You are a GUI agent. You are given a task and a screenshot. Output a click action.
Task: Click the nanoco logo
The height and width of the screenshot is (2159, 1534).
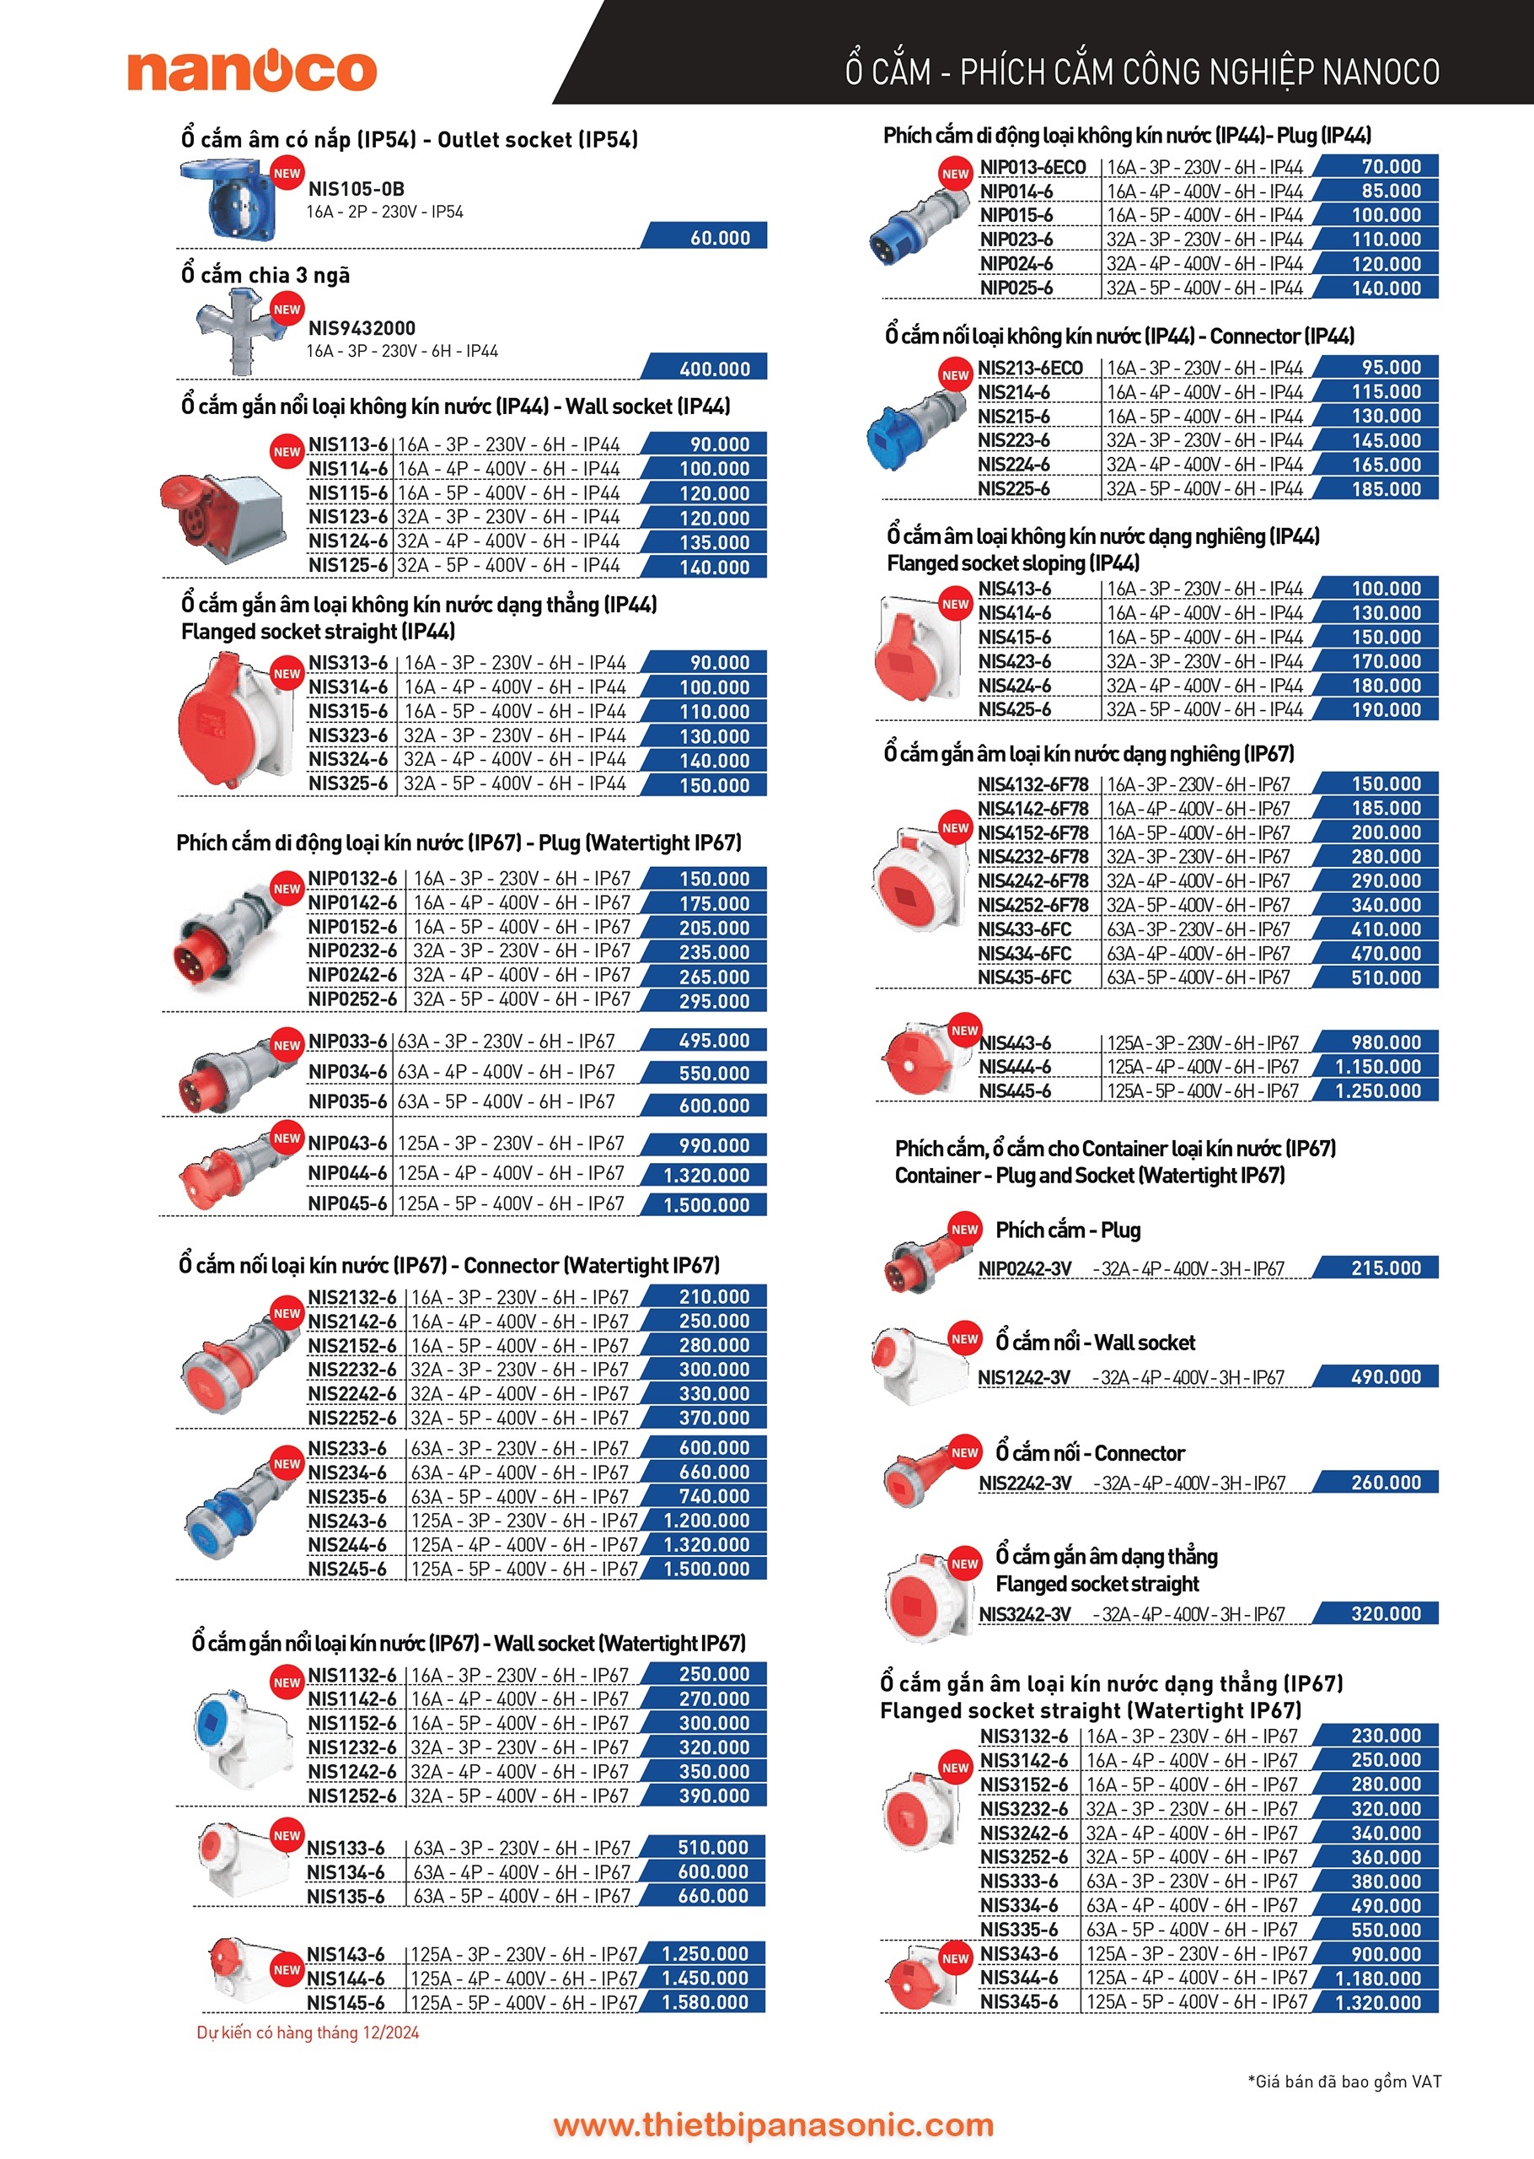pos(252,70)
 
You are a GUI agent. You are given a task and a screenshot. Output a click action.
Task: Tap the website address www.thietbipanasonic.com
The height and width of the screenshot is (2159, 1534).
pos(773,2124)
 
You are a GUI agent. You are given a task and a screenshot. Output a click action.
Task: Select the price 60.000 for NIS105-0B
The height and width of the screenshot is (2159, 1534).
pos(720,237)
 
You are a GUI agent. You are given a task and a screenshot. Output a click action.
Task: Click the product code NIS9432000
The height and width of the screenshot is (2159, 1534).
pos(362,328)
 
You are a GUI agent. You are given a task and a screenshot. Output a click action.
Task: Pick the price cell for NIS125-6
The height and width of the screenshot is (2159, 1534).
pos(714,567)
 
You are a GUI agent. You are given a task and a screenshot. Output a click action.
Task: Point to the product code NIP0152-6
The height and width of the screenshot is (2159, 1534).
pos(352,927)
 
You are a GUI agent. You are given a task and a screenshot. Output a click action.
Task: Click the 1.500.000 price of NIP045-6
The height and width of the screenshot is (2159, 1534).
pos(706,1204)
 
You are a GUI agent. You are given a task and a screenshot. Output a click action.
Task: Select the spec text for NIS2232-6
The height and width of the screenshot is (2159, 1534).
pos(519,1369)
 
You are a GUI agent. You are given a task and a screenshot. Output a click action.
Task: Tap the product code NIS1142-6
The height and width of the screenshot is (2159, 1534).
pos(351,1699)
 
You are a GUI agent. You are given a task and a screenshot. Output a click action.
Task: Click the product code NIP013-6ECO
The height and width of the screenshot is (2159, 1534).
pos(1032,167)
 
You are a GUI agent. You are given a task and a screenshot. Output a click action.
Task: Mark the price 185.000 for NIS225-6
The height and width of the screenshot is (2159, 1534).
pos(1386,488)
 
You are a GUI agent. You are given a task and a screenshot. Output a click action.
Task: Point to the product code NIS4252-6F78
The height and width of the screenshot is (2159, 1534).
pos(1032,905)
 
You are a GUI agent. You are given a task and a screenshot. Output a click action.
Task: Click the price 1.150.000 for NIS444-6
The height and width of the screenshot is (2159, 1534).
pos(1377,1066)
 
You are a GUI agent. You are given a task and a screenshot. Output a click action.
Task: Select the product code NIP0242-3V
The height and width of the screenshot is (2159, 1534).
pos(1025,1268)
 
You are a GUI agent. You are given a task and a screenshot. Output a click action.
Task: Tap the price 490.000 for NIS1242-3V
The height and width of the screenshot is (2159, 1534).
pos(1386,1376)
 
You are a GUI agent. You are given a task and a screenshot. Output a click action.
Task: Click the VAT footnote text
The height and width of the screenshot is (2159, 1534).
pos(1344,2081)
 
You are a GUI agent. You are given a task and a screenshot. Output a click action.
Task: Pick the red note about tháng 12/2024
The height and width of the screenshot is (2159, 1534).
pos(308,2032)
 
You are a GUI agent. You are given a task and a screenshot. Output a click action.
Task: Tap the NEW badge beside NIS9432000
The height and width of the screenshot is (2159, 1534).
pos(287,309)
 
